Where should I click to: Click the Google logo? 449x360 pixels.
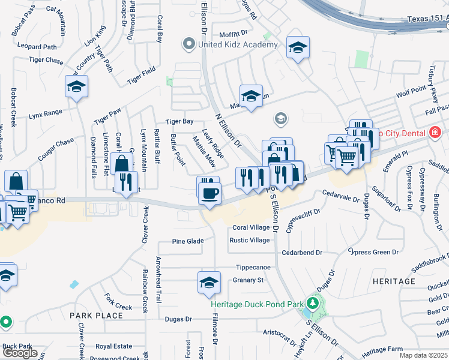pos(20,353)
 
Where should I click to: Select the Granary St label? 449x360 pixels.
pos(248,280)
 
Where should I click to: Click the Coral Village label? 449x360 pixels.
pos(251,228)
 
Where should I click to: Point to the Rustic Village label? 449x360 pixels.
pos(250,241)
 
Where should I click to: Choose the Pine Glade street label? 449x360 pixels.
pos(188,241)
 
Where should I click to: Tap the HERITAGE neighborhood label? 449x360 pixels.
pos(393,281)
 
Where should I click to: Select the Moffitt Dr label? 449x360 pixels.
pos(234,34)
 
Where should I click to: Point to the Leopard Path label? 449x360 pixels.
pos(37,46)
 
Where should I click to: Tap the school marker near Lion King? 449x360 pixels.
pos(76,87)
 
